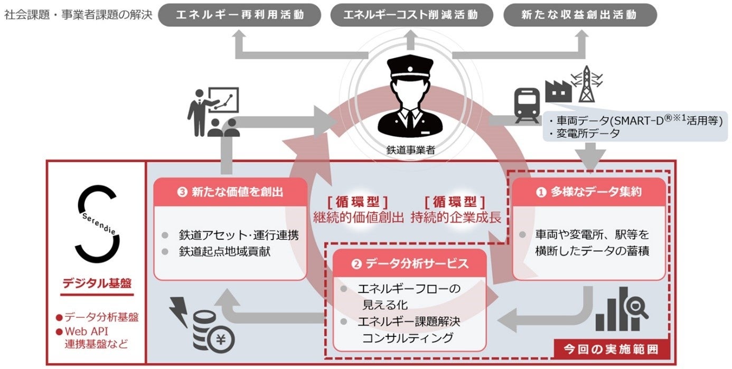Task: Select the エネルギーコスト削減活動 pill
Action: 410,14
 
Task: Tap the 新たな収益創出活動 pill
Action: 580,14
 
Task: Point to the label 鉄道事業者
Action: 410,150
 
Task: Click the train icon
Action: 527,105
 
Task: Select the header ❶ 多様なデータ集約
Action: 589,192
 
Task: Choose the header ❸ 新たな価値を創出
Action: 230,192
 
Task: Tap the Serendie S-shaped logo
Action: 96,223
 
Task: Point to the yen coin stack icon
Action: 214,333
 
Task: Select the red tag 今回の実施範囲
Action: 610,348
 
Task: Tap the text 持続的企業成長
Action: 456,216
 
